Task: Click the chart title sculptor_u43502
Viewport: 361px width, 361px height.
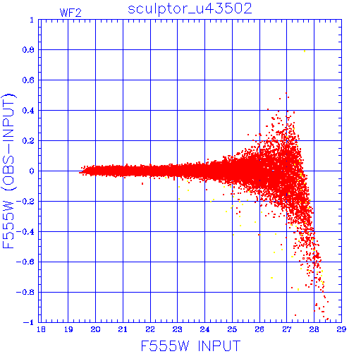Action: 190,9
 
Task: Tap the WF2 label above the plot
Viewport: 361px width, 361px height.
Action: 71,13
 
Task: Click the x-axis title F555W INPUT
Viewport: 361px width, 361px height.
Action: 190,345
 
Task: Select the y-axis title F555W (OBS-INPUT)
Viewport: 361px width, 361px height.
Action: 8,171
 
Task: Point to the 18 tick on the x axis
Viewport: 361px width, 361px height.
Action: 41,329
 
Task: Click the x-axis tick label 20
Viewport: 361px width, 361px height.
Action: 95,329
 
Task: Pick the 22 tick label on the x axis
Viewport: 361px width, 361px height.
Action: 150,329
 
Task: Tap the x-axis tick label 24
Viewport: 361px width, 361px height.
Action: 204,329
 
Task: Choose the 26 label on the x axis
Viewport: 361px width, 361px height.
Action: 259,329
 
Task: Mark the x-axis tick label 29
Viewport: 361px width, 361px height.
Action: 341,329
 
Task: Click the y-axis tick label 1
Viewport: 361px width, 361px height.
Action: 32,20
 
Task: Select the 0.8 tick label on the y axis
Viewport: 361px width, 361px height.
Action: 28,50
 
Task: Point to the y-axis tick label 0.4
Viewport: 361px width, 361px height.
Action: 28,111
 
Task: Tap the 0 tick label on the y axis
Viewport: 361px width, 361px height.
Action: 32,171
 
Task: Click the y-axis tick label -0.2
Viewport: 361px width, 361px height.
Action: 25,202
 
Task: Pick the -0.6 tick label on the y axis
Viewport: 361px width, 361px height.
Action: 25,262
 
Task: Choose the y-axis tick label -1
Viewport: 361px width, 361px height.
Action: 29,322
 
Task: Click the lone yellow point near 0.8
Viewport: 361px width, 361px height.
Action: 305,51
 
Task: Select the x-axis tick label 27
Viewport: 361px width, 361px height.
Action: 287,329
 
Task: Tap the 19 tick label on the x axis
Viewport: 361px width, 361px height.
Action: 68,329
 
